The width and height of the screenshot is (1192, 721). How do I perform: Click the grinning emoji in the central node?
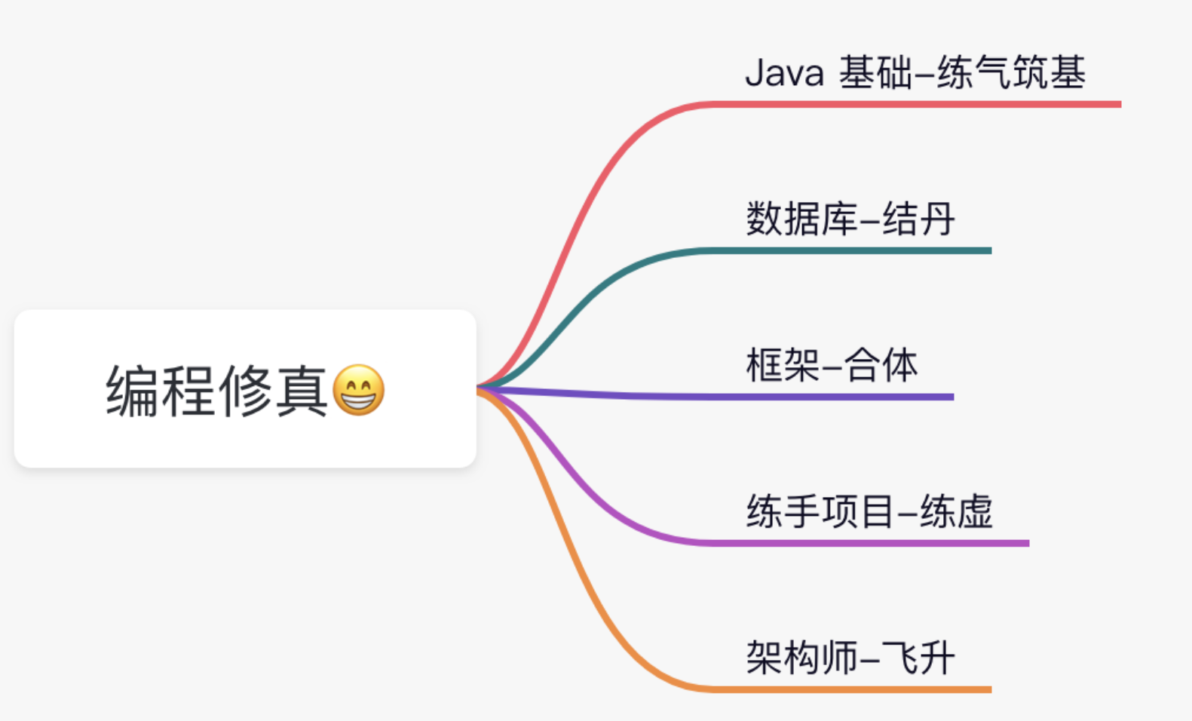[358, 390]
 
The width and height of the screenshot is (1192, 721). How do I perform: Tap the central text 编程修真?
[217, 391]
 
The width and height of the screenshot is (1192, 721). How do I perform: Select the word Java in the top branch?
[784, 73]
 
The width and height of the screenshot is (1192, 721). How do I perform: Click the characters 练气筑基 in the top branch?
[1011, 73]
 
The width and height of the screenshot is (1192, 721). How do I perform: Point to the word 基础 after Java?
[875, 73]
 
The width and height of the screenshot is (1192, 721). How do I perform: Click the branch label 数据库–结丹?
[850, 219]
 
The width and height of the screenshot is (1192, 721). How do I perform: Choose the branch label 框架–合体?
[832, 366]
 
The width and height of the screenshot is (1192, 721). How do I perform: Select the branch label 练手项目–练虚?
[869, 512]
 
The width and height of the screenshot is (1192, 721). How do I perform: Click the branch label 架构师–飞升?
[850, 658]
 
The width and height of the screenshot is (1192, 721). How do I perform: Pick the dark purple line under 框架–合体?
[829, 397]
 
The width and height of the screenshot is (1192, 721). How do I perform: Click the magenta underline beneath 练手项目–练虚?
[867, 543]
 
